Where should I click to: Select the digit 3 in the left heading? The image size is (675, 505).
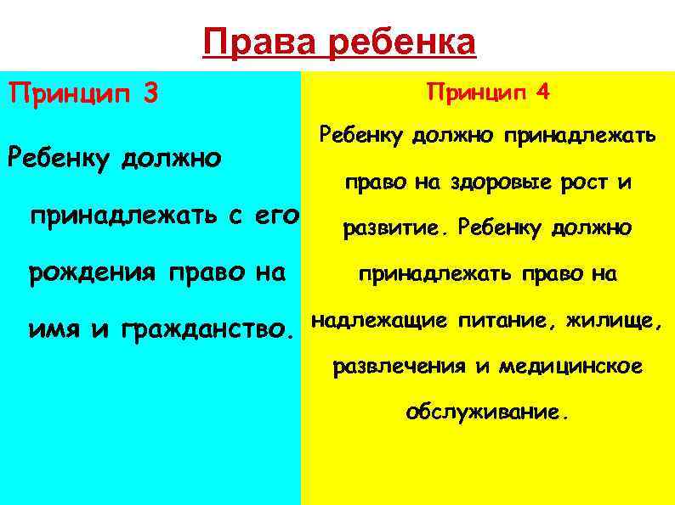(150, 93)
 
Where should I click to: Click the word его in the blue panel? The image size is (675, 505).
(275, 216)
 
